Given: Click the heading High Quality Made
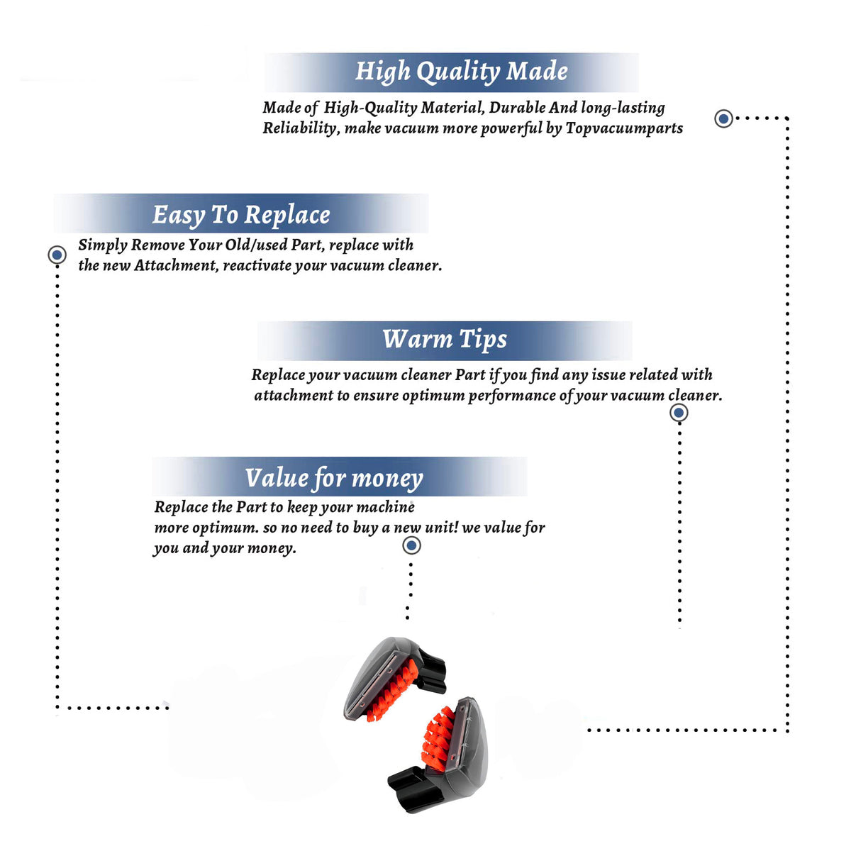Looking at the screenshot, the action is coord(461,72).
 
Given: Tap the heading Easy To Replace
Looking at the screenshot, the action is coord(241,216).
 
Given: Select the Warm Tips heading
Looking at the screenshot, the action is coord(444,340).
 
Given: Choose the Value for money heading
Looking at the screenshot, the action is coord(334,478).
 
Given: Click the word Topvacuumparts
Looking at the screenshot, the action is coord(624,128).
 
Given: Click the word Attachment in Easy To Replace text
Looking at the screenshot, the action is coord(176,265).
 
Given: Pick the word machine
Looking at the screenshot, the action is coord(386,507).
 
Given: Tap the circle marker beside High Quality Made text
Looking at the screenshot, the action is coord(723,118).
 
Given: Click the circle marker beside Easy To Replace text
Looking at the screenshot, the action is coord(57,255).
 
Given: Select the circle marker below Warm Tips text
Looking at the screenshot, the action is coord(679,413).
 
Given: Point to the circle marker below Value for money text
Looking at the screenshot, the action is coord(411,545).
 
